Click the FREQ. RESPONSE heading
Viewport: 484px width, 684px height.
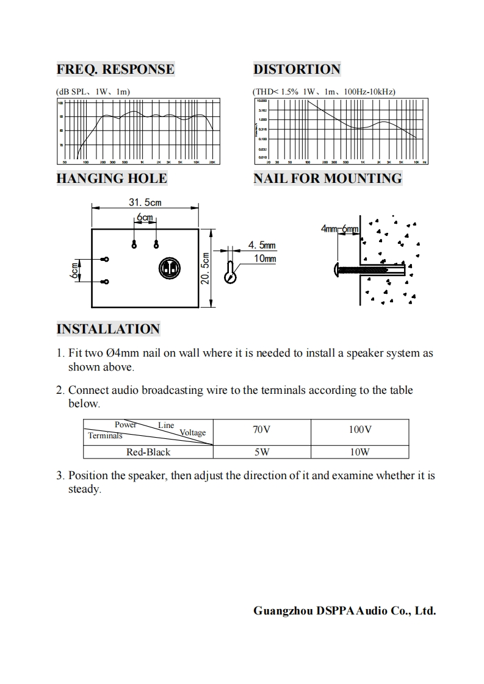pos(115,69)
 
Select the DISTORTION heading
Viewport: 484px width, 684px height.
pos(297,69)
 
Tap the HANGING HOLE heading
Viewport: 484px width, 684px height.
pos(111,179)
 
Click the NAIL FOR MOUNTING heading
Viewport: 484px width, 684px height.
pos(328,179)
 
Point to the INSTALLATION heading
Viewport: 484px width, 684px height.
pos(108,329)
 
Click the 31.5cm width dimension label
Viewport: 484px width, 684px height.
pos(145,202)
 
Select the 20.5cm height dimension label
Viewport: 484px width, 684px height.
pos(206,268)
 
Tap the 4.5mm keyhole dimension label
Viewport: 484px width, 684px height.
pos(262,246)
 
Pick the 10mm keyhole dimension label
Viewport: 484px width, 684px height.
pos(264,259)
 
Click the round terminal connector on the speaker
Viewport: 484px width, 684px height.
pos(169,268)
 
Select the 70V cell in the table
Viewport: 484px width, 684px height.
pos(261,430)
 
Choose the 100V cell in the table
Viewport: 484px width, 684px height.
pos(359,430)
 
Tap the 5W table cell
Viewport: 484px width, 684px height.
pos(261,452)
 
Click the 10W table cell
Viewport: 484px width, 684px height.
pos(359,452)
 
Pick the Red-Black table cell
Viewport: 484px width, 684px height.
pos(148,452)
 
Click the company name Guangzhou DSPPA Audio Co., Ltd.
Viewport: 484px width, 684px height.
pos(344,611)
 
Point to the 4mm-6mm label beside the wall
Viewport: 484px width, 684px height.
pos(341,229)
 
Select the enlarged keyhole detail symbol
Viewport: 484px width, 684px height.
pos(229,272)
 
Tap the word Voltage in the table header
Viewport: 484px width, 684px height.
pos(192,433)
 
